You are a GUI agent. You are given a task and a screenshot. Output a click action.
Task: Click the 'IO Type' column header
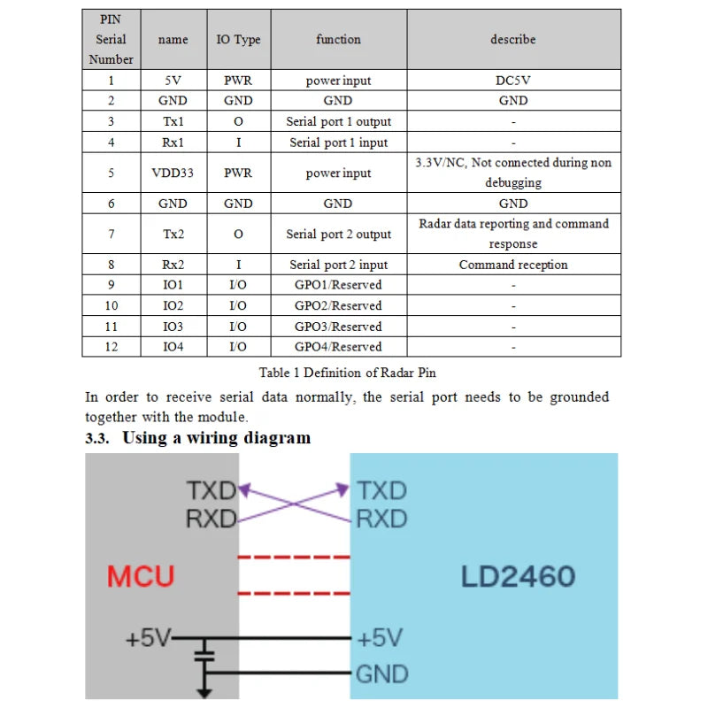click(238, 40)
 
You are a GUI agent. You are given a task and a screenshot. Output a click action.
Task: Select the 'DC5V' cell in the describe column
click(513, 81)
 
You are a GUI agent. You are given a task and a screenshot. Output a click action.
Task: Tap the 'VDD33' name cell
click(173, 173)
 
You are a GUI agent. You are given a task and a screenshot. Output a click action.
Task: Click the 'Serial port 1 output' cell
click(338, 121)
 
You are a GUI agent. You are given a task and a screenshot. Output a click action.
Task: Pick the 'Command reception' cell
click(513, 265)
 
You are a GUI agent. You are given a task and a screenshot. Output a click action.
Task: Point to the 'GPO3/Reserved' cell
click(338, 327)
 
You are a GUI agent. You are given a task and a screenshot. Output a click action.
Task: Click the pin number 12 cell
click(112, 347)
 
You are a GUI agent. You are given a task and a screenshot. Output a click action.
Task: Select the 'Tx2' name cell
click(173, 235)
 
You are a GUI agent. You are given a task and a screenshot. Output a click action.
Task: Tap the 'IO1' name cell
click(173, 285)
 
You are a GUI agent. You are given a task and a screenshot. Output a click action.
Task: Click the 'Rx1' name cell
click(173, 142)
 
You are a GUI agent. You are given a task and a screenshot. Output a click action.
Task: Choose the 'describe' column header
click(513, 40)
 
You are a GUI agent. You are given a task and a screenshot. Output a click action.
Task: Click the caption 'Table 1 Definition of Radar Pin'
click(347, 373)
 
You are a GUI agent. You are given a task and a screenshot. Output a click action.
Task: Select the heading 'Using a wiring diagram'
click(216, 437)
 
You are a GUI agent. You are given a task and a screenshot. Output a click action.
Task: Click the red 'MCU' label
click(141, 577)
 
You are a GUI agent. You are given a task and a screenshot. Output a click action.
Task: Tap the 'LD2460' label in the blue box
click(518, 577)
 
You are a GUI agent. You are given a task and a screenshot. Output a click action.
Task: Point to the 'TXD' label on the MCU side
click(211, 490)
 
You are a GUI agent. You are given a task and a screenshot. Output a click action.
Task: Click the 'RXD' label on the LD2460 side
click(381, 518)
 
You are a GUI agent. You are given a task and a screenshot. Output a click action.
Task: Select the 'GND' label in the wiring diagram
click(381, 674)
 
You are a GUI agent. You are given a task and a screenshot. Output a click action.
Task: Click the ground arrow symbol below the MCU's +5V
click(205, 687)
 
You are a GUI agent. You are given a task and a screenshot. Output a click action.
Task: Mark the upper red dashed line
click(295, 558)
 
